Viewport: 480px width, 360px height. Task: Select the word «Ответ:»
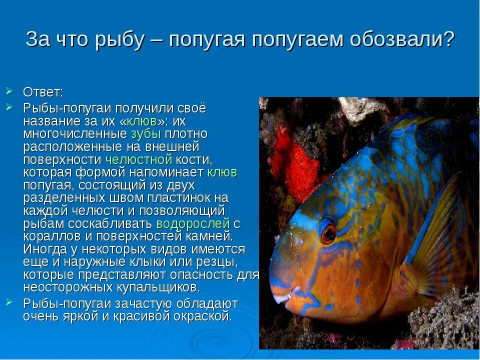[x=43, y=93]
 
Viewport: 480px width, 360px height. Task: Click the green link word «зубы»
[x=146, y=134]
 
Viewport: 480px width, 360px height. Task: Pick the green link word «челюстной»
[x=139, y=160]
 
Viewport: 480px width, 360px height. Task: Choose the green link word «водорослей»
[x=193, y=224]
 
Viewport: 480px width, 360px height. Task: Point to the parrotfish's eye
[x=328, y=232]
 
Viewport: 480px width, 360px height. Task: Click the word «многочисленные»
[x=75, y=134]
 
